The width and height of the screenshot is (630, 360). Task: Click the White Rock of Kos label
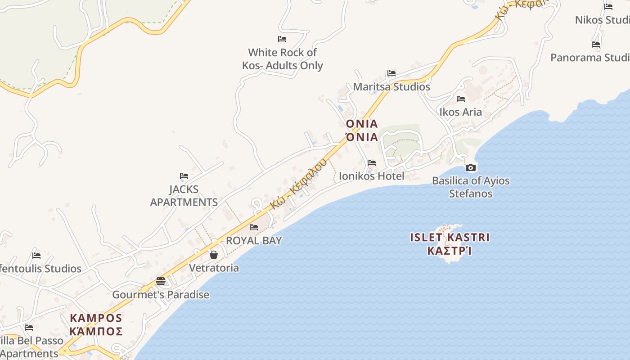(282, 59)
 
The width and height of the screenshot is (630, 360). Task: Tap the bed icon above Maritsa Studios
(391, 73)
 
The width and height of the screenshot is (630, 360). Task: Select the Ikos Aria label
(460, 112)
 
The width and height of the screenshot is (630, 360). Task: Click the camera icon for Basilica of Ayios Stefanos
(471, 168)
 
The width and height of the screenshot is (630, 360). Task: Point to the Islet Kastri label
(449, 244)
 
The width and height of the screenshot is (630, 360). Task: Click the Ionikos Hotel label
(371, 176)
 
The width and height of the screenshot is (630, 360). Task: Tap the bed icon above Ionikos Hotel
(371, 163)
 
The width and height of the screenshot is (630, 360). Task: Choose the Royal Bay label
(254, 241)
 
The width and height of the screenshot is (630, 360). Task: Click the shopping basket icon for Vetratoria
(214, 255)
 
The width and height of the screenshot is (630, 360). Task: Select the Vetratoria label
(214, 268)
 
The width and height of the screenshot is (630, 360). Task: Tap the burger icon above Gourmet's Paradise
(161, 282)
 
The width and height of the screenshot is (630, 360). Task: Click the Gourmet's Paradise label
(161, 295)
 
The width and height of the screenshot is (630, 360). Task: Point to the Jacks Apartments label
(184, 196)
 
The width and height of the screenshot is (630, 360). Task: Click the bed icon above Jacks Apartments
(184, 176)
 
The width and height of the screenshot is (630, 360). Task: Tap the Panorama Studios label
(590, 58)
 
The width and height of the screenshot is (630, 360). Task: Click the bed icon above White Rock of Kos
(282, 39)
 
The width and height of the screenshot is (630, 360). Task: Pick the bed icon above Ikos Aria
(460, 99)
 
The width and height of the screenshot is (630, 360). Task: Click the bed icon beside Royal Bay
(254, 227)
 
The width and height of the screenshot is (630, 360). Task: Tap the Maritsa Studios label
(391, 87)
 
